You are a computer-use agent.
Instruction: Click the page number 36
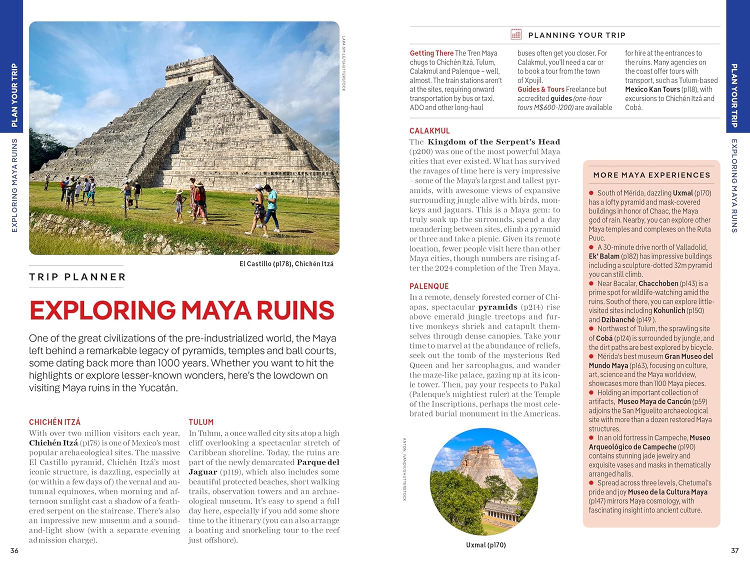pos(14,550)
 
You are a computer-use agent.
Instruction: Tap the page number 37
pos(734,550)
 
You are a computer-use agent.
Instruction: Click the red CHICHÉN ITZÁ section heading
pos(54,422)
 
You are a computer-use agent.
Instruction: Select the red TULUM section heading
pos(201,422)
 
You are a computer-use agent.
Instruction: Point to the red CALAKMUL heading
pos(429,131)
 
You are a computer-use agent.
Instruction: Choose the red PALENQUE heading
pos(429,286)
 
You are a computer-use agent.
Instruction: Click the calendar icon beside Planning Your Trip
pos(516,34)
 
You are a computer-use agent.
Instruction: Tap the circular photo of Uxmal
pos(483,481)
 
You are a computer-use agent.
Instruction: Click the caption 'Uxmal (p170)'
pos(485,545)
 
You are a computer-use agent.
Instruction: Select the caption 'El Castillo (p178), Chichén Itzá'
pos(286,264)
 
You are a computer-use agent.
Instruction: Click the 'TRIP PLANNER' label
pos(77,277)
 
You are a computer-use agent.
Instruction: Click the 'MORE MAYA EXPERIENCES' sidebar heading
pos(651,175)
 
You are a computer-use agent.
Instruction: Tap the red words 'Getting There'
pos(431,53)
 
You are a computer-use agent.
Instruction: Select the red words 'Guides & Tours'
pos(540,89)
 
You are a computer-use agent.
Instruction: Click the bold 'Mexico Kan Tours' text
pos(652,89)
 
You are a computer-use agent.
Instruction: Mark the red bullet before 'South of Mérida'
pos(591,193)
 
